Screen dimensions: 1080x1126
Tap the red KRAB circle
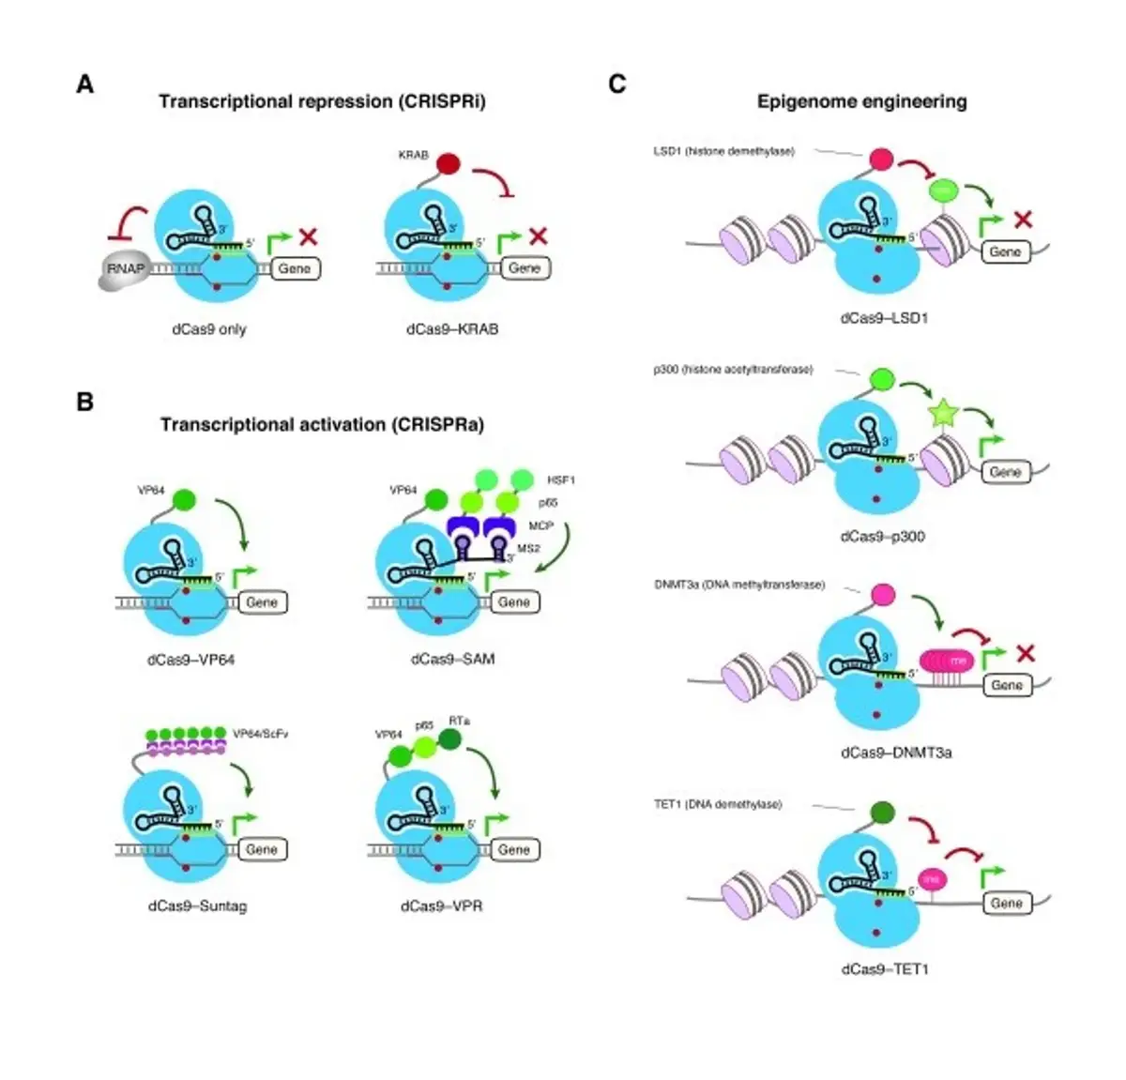[448, 164]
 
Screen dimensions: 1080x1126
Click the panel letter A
[85, 84]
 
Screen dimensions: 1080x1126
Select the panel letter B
[85, 402]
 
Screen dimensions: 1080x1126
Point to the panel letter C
[616, 84]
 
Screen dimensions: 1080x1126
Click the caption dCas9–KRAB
[452, 329]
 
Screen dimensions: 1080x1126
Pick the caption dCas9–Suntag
[197, 906]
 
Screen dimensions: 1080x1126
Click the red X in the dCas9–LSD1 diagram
[1024, 219]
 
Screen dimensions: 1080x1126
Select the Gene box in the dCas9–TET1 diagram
[1006, 903]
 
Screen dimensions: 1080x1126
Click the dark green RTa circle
[450, 740]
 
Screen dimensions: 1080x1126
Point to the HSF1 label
[560, 480]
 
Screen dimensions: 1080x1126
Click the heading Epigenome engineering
[861, 101]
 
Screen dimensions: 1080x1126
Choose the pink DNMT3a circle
[882, 594]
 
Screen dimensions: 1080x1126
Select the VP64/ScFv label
[260, 734]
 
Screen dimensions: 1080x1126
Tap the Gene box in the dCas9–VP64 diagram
[262, 601]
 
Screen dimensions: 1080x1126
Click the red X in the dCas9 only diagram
[308, 236]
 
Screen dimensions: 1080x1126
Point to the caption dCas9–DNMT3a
[896, 753]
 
